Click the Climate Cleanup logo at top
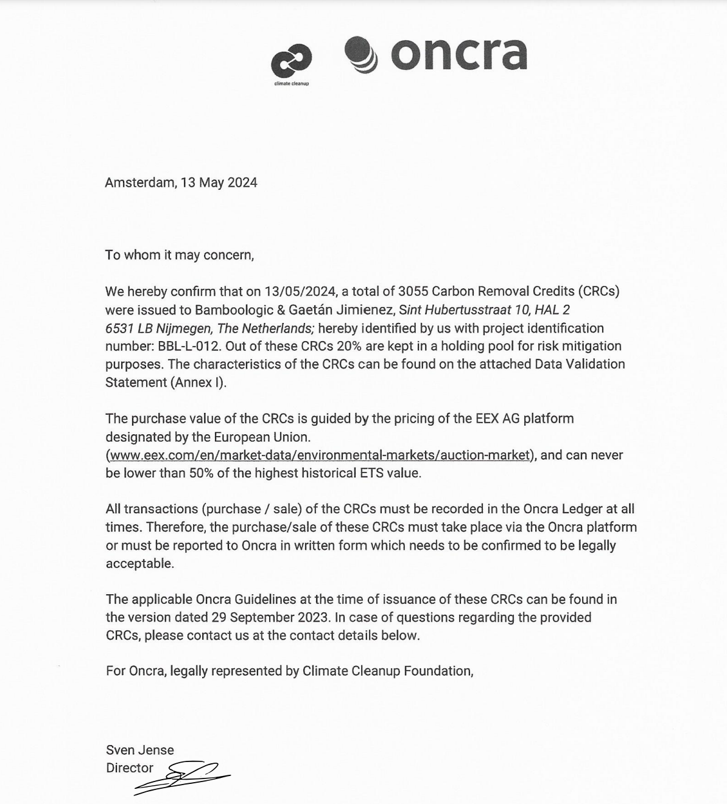291,63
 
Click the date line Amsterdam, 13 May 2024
181,182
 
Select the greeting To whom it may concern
179,255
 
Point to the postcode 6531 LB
128,328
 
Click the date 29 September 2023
271,617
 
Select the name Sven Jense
140,750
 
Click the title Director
130,768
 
